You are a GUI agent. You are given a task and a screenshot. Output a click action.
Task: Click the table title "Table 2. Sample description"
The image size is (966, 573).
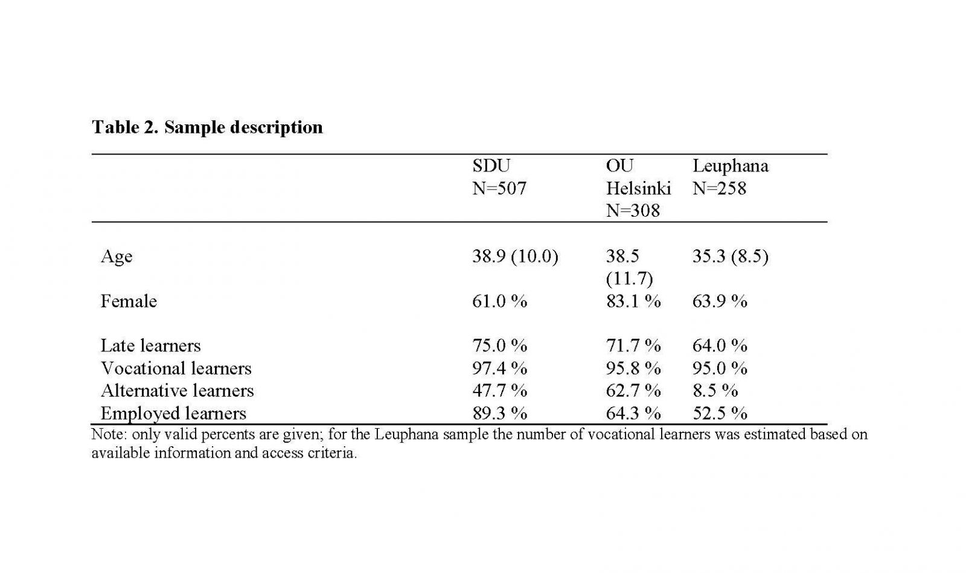click(207, 127)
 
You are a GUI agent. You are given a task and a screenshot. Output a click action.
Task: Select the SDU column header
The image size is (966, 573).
click(491, 165)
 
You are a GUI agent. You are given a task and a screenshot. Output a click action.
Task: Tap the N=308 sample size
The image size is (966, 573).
click(633, 210)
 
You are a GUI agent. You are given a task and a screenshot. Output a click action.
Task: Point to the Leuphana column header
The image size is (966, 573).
click(730, 166)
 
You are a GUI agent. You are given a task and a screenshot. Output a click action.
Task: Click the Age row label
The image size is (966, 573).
click(117, 257)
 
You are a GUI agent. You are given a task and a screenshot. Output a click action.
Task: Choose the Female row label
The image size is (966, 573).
click(129, 301)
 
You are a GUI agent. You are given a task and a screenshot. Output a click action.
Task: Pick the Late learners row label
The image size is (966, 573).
click(150, 346)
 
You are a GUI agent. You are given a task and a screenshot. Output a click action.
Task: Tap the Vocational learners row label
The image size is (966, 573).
click(176, 368)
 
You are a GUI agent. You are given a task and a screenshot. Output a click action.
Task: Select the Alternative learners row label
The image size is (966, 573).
click(178, 391)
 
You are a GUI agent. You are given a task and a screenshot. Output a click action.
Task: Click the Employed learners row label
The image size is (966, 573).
click(173, 414)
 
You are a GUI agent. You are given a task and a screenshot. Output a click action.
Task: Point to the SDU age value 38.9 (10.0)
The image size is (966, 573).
click(515, 257)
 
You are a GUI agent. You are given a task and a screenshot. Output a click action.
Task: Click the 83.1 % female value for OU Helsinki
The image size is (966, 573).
click(633, 301)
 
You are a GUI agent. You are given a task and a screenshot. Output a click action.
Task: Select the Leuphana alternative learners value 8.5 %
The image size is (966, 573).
click(715, 391)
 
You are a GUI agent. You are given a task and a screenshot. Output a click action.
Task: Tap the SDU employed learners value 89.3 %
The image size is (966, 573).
click(499, 414)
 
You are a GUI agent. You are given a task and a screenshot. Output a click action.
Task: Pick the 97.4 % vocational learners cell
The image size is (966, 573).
click(499, 368)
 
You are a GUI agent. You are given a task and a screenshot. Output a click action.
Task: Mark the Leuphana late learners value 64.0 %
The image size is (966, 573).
click(720, 346)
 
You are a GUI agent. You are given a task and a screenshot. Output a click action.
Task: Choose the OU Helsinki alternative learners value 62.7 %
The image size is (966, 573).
click(633, 391)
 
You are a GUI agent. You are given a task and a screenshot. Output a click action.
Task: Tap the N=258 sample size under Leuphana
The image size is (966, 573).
click(719, 188)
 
